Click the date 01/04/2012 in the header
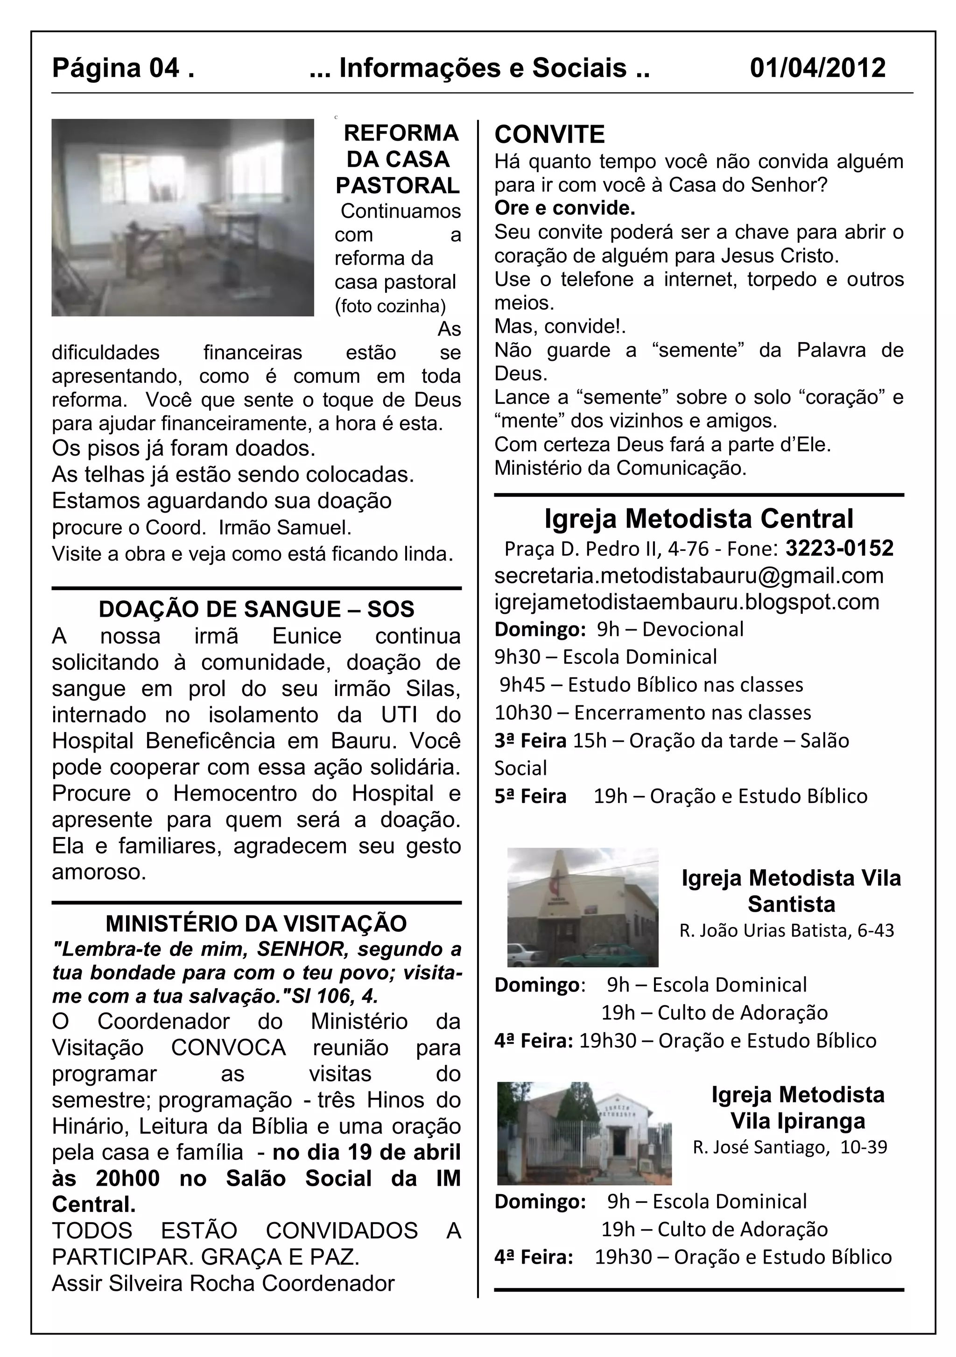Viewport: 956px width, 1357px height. pos(817,69)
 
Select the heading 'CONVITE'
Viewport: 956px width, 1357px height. pos(549,135)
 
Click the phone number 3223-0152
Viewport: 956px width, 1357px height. pos(839,548)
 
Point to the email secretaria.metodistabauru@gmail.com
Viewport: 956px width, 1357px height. pos(689,576)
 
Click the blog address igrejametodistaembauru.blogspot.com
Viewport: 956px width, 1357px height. pos(687,602)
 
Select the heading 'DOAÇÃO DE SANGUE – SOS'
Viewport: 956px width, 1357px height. pos(256,609)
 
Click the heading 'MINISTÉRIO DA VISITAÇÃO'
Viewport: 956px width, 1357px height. pos(256,923)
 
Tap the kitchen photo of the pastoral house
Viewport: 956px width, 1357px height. pos(183,218)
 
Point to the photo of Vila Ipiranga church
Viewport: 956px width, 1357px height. pos(584,1133)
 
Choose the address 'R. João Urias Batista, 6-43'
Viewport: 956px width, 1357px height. pos(787,931)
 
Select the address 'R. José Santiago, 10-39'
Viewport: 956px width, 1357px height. pos(790,1147)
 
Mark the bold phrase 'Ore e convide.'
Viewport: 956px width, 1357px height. pos(564,209)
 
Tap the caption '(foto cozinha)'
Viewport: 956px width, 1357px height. pos(390,306)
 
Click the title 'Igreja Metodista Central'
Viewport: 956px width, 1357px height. pos(698,519)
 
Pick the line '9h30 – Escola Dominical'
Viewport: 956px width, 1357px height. pos(605,657)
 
